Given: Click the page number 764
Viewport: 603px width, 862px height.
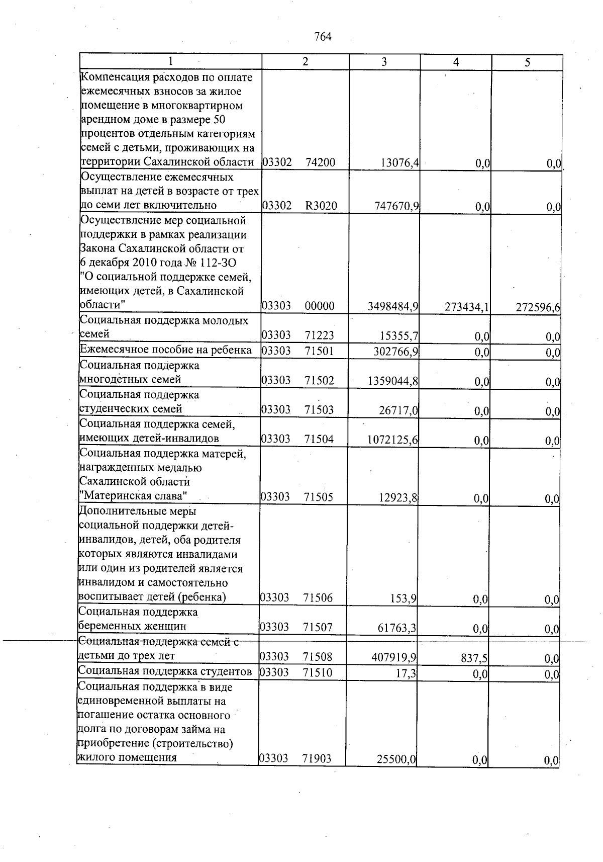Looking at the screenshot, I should pos(323,37).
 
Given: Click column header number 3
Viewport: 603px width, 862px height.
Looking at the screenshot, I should pos(384,62).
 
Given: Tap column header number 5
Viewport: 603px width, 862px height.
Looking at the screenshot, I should pos(527,63).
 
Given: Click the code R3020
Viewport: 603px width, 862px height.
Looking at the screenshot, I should pos(321,206).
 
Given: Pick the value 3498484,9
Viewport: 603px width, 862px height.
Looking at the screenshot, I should pos(393,307).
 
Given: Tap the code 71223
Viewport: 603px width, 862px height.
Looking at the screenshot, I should pos(319,336).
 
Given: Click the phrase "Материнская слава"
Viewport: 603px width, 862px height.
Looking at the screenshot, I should pos(134,496).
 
